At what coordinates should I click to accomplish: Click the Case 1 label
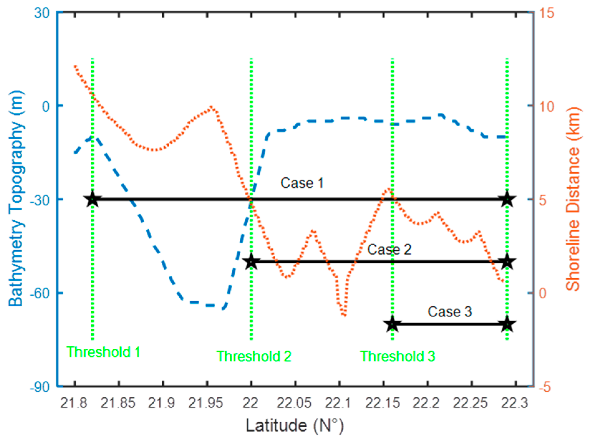coord(302,183)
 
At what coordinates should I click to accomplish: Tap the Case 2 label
coord(389,250)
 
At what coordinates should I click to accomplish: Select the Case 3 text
coord(450,312)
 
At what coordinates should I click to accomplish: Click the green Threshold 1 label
coord(103,352)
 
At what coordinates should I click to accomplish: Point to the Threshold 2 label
coord(254,356)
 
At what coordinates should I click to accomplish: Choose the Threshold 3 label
coord(397,356)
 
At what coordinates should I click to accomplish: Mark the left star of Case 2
coord(251,262)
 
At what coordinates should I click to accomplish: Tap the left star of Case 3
coord(392,324)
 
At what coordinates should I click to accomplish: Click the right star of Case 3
coord(507,324)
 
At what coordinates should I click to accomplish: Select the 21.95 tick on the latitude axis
coord(206,403)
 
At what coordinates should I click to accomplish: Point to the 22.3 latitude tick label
coord(514,403)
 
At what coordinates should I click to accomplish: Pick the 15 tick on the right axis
coord(546,13)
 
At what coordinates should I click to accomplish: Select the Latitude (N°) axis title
coord(295,425)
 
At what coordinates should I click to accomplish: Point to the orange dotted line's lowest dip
coord(344,315)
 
